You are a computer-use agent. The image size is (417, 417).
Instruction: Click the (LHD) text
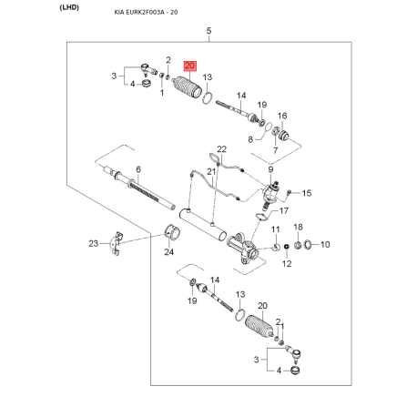click(19, 7)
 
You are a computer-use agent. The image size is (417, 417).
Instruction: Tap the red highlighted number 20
click(189, 66)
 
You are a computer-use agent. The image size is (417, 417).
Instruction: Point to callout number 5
click(209, 32)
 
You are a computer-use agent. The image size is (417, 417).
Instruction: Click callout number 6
click(138, 169)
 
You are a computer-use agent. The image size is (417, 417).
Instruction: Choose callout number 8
click(250, 138)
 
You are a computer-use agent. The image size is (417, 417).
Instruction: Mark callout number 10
click(326, 244)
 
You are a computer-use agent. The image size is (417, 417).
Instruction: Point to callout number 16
click(282, 116)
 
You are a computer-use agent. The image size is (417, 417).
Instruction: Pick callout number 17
click(283, 211)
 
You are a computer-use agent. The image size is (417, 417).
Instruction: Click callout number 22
click(220, 148)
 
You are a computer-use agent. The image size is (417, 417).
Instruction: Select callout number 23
click(93, 243)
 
